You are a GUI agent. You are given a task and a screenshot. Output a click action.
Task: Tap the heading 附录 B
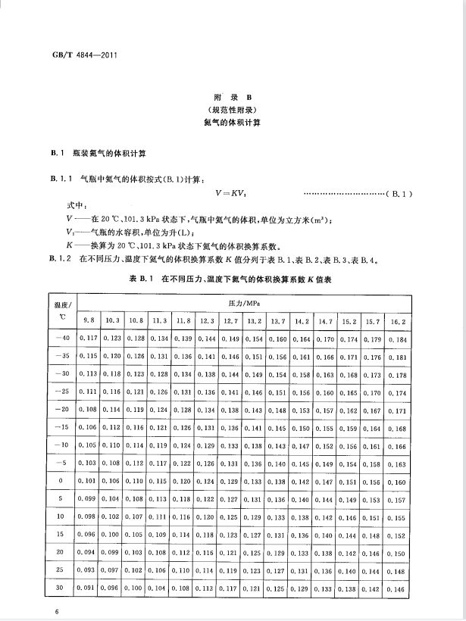point(233,98)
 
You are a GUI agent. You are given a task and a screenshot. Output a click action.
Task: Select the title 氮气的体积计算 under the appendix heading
point(233,123)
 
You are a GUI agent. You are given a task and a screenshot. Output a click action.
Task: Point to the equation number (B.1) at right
point(399,195)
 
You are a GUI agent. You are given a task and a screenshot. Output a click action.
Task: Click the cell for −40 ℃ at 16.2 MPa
point(397,339)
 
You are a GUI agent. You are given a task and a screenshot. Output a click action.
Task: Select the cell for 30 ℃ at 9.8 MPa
point(89,588)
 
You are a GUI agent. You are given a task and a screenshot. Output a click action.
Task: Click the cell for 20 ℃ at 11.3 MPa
point(160,553)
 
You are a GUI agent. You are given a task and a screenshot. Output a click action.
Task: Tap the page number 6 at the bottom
point(47,610)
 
